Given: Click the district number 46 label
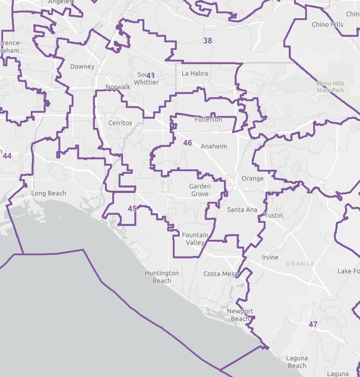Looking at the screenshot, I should pyautogui.click(x=188, y=143).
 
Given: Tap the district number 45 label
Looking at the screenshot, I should pyautogui.click(x=132, y=209).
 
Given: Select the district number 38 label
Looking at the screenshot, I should pyautogui.click(x=208, y=41).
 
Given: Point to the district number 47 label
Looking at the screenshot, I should pyautogui.click(x=313, y=324).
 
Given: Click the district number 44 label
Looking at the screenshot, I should pyautogui.click(x=7, y=156).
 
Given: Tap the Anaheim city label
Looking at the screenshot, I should pyautogui.click(x=214, y=147).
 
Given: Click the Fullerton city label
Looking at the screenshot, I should pyautogui.click(x=208, y=120).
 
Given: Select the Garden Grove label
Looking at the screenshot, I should pyautogui.click(x=200, y=190).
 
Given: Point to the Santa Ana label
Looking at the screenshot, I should pyautogui.click(x=242, y=209).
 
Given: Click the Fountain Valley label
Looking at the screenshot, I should pyautogui.click(x=195, y=238).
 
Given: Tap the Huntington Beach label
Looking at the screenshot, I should pyautogui.click(x=162, y=277).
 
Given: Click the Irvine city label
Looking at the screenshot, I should pyautogui.click(x=270, y=258).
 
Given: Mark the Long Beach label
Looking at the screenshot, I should pyautogui.click(x=49, y=193).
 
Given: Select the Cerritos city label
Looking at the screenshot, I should pyautogui.click(x=120, y=123).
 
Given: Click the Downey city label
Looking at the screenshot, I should pyautogui.click(x=82, y=67).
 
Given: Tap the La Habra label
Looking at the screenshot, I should pyautogui.click(x=195, y=74).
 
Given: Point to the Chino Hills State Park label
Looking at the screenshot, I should pyautogui.click(x=330, y=87).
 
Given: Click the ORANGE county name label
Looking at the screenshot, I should pyautogui.click(x=300, y=264).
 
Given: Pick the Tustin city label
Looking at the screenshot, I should pyautogui.click(x=273, y=215).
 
